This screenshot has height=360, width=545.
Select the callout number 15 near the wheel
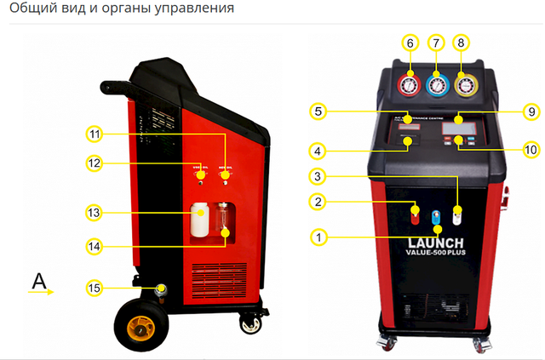[x=95, y=289]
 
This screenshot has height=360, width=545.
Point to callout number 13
[x=95, y=212]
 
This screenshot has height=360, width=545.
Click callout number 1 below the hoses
[x=318, y=237]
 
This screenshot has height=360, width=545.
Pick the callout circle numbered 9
[x=531, y=111]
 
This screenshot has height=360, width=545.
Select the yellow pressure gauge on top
[x=464, y=86]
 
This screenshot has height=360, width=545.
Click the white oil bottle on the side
[x=201, y=220]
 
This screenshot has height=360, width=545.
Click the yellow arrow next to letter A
[x=43, y=292]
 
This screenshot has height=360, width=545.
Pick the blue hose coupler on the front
[x=436, y=219]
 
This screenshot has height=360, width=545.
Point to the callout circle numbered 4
[x=318, y=152]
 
